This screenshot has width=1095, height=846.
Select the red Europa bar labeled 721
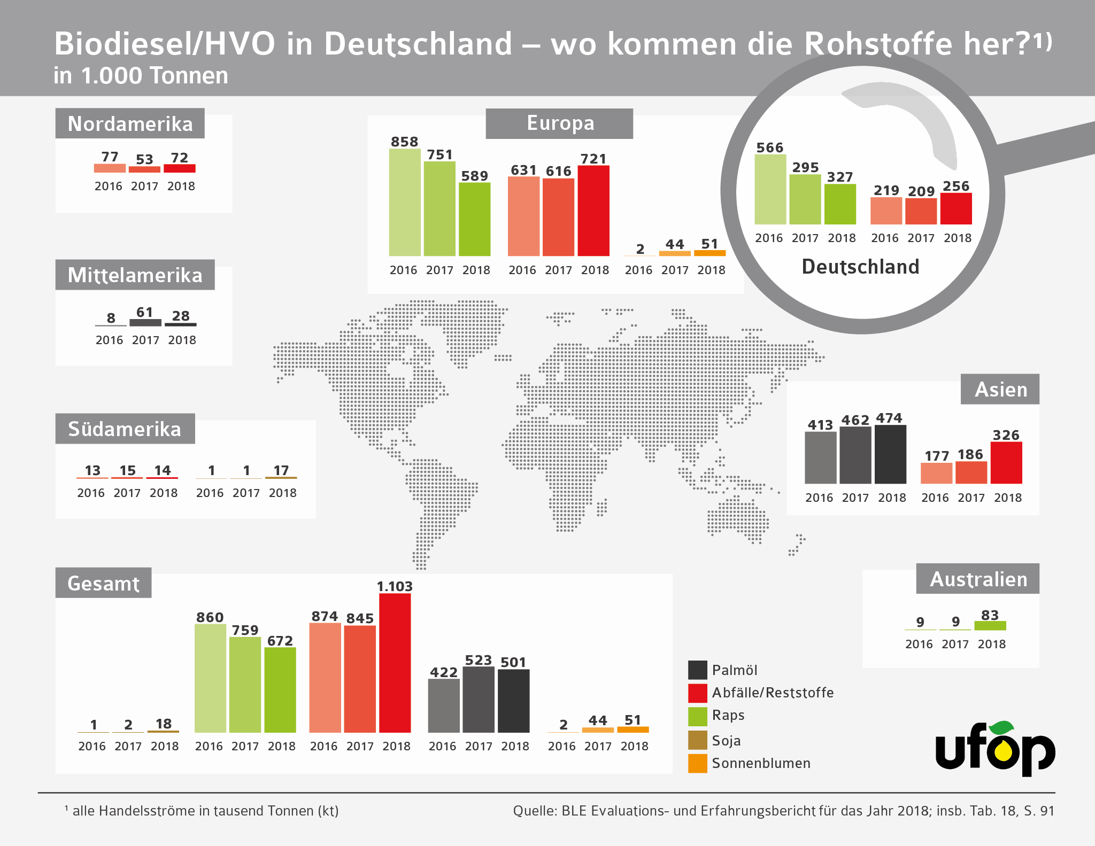tap(593, 211)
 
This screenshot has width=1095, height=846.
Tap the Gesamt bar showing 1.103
tap(395, 663)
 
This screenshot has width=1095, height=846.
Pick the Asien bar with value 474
tap(890, 454)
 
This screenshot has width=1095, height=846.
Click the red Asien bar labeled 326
tap(1006, 463)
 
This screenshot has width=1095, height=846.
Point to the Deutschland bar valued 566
tap(770, 189)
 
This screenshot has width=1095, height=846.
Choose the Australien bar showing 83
tap(990, 626)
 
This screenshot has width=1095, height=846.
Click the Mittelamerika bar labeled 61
tap(145, 323)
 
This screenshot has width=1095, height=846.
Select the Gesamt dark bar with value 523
tap(479, 700)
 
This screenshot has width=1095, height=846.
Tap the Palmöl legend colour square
tap(698, 670)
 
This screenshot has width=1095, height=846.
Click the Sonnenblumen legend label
tap(761, 763)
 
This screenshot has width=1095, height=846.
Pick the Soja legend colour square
tap(698, 740)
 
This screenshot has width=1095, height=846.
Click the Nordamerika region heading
tap(130, 123)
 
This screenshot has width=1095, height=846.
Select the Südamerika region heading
tap(125, 429)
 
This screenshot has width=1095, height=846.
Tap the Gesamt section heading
tap(103, 583)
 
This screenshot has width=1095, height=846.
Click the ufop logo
tap(995, 748)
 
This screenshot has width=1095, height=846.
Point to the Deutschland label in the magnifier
tap(860, 267)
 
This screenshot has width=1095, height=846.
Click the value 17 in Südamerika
tap(281, 470)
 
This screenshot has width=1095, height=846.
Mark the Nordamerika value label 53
tap(144, 159)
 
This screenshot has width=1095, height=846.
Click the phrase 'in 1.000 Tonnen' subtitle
tap(141, 76)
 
